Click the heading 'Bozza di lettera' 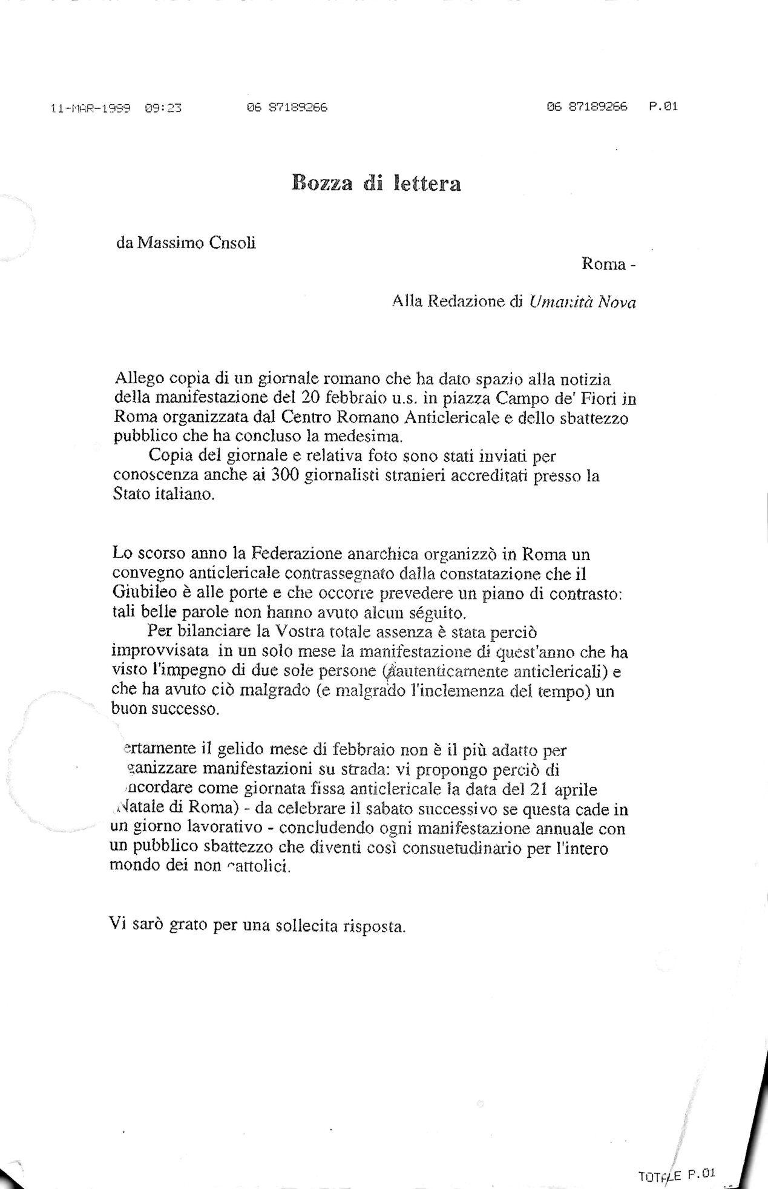click(376, 183)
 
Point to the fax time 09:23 click(163, 109)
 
